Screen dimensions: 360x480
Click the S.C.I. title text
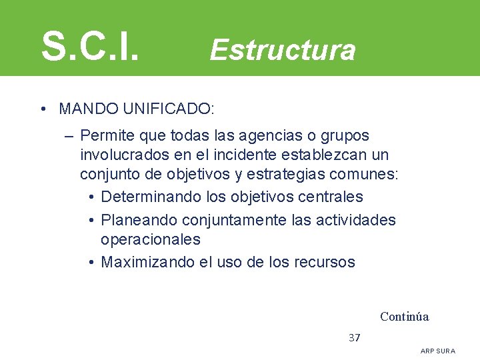point(90,45)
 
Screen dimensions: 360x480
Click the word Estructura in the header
point(283,50)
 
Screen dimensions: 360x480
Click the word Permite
point(107,136)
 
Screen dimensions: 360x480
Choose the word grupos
point(345,136)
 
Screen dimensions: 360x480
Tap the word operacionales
point(150,239)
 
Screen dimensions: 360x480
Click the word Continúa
point(404,317)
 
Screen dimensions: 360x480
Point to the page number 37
point(355,337)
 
